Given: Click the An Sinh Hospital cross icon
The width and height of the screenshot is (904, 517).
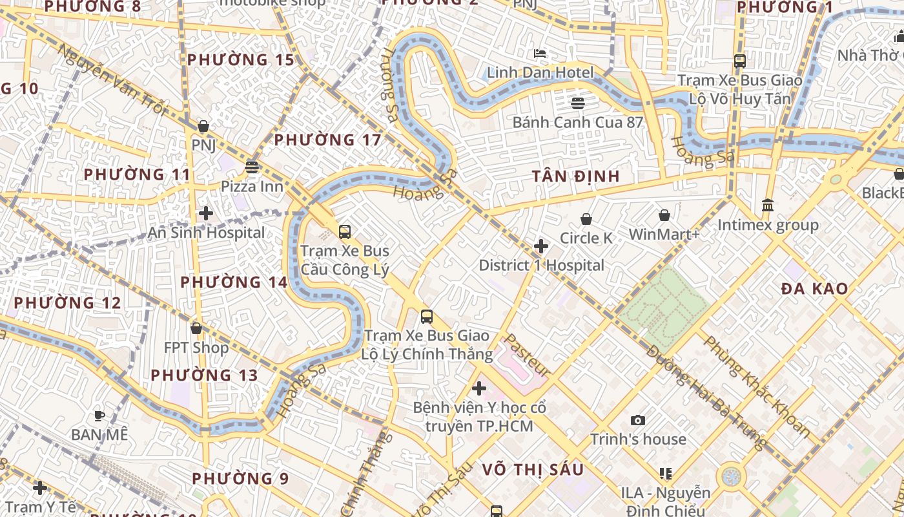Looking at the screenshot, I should click(206, 213).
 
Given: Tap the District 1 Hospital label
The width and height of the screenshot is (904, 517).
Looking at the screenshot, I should click(541, 265).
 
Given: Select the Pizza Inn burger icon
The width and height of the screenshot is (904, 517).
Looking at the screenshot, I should click(252, 168).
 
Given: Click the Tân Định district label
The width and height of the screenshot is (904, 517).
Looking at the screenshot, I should click(575, 176).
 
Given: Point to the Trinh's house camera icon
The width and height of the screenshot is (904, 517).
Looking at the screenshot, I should click(638, 421).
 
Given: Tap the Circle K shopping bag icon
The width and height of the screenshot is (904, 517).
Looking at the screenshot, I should click(586, 220).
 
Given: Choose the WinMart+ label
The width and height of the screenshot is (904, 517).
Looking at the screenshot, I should click(664, 234).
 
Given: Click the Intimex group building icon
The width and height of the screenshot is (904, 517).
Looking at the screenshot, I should click(768, 206).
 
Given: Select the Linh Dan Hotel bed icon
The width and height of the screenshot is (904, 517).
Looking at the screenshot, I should click(540, 53).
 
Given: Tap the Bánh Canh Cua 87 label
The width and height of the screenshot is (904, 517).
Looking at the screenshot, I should click(577, 122).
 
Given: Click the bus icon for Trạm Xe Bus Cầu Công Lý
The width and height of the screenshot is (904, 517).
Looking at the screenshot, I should click(345, 231).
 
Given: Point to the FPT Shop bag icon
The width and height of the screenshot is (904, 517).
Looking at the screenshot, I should click(196, 329).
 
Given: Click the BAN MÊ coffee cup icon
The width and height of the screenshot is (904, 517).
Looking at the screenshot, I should click(99, 416).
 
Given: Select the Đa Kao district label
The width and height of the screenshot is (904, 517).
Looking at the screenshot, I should click(814, 289).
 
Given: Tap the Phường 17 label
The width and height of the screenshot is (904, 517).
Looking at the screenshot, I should click(327, 140).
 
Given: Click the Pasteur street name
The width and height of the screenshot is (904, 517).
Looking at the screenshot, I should click(528, 356).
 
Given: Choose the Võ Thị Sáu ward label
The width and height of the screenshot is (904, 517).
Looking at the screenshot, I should click(533, 470).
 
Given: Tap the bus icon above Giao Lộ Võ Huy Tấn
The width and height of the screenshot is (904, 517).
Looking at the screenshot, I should click(740, 61).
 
